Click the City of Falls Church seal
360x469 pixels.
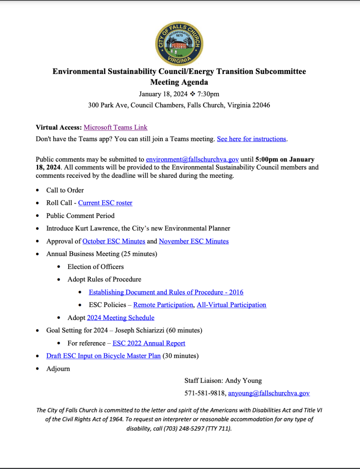[x=179, y=44]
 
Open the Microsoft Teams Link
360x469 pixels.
[x=115, y=128]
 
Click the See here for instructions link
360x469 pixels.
[x=251, y=139]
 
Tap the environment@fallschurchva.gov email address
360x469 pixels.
[x=192, y=159]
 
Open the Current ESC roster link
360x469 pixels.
[x=105, y=203]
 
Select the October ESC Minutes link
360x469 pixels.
[x=114, y=241]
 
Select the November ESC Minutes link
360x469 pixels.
[x=194, y=241]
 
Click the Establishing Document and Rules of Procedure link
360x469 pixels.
[x=166, y=292]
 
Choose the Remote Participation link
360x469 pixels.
[x=163, y=305]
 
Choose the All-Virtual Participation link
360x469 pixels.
[x=231, y=305]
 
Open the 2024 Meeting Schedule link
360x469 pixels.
[x=121, y=318]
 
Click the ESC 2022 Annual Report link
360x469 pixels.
[x=149, y=343]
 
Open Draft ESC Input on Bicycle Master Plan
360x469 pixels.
[x=103, y=356]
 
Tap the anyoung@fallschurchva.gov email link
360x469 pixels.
[x=269, y=393]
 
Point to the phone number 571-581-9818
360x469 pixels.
[x=205, y=393]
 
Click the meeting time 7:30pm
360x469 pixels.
[x=208, y=94]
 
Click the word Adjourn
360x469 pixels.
[x=58, y=369]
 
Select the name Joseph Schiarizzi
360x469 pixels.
[x=139, y=330]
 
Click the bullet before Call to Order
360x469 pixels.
[x=37, y=191]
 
